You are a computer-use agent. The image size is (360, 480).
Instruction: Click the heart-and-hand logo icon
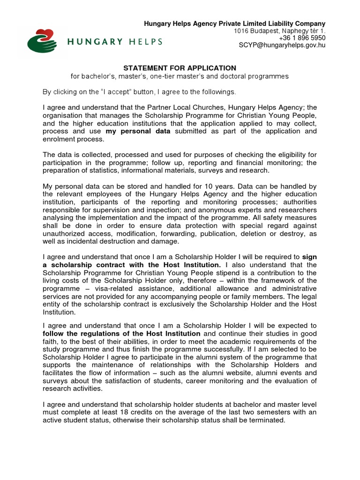coord(42,41)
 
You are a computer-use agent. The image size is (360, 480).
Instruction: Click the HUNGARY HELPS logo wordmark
coord(115,42)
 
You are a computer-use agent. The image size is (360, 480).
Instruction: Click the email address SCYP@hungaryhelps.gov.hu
coord(282,45)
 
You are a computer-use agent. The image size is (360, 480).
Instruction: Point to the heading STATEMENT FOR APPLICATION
coord(180,68)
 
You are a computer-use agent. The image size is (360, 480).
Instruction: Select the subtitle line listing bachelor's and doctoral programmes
coord(180,76)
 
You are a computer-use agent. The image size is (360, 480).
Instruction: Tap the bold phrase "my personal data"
coord(138,131)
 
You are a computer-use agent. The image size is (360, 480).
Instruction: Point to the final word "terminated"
coord(266,420)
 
